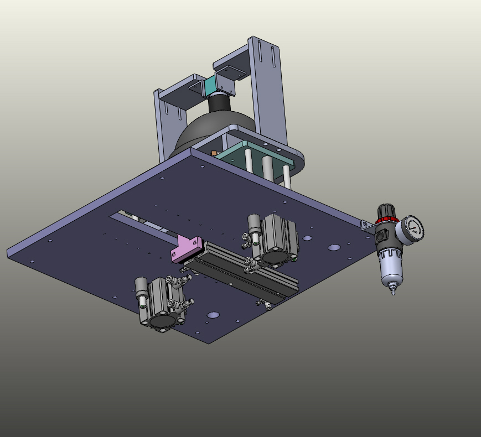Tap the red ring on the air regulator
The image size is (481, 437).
(x=387, y=221)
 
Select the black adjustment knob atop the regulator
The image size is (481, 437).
(x=386, y=211)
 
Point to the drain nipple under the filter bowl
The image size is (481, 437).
(x=393, y=289)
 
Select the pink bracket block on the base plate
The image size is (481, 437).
(x=185, y=249)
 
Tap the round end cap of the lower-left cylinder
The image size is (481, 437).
(x=161, y=321)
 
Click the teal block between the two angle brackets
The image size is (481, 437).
(x=210, y=86)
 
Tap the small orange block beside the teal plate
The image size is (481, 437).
(x=214, y=153)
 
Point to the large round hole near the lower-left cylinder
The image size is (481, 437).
(x=213, y=315)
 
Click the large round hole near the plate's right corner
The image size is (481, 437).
(x=334, y=247)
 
